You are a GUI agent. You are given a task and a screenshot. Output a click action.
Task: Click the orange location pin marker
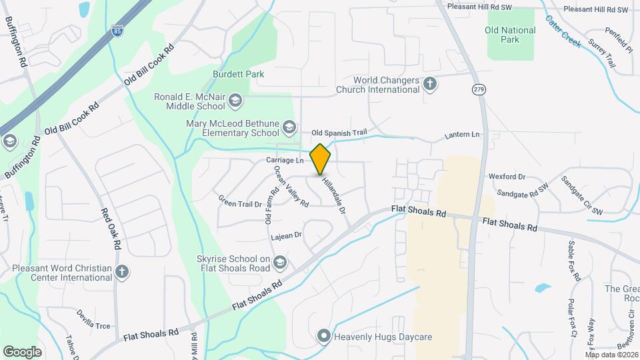(320, 159)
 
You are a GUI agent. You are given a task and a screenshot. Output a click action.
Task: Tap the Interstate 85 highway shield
(117, 31)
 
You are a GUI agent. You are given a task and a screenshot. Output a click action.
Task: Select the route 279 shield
(478, 89)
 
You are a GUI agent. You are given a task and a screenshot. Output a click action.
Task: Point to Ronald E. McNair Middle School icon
(234, 101)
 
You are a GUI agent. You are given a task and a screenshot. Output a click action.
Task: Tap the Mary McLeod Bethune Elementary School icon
(289, 127)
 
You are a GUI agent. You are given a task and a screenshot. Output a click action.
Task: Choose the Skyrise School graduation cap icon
(279, 262)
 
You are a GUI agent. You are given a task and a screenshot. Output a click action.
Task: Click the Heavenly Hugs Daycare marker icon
(324, 336)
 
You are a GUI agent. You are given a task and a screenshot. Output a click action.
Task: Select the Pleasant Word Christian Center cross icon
(121, 271)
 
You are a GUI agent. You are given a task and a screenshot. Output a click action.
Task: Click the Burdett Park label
(238, 74)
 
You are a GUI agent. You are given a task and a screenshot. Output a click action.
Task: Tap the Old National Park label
(510, 35)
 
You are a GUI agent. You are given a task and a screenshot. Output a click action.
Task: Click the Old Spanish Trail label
(339, 133)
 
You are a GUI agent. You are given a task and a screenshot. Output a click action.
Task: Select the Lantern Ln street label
(462, 135)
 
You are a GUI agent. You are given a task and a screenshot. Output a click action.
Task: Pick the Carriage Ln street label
(285, 161)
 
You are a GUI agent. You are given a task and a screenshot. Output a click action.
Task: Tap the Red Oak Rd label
(109, 228)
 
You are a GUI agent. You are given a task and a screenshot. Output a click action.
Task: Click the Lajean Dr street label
(287, 235)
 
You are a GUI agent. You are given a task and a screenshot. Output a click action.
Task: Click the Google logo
(22, 351)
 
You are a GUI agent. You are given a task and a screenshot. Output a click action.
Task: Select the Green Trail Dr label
(240, 201)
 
